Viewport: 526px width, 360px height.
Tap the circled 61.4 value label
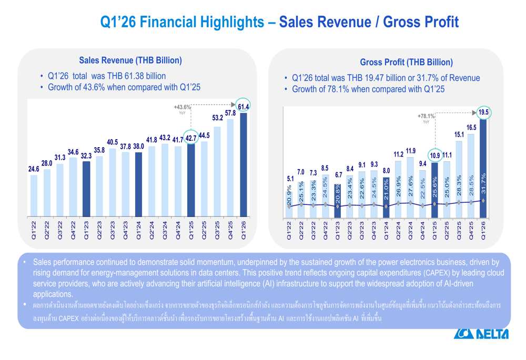click(244, 107)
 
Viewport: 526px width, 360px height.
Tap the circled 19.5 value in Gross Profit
click(482, 112)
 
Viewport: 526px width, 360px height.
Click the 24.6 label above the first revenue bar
click(33, 169)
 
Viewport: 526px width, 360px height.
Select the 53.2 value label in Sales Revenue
click(217, 117)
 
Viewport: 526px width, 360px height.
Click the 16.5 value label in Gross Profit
click(471, 127)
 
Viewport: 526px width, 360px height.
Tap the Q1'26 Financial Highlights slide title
click(279, 22)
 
